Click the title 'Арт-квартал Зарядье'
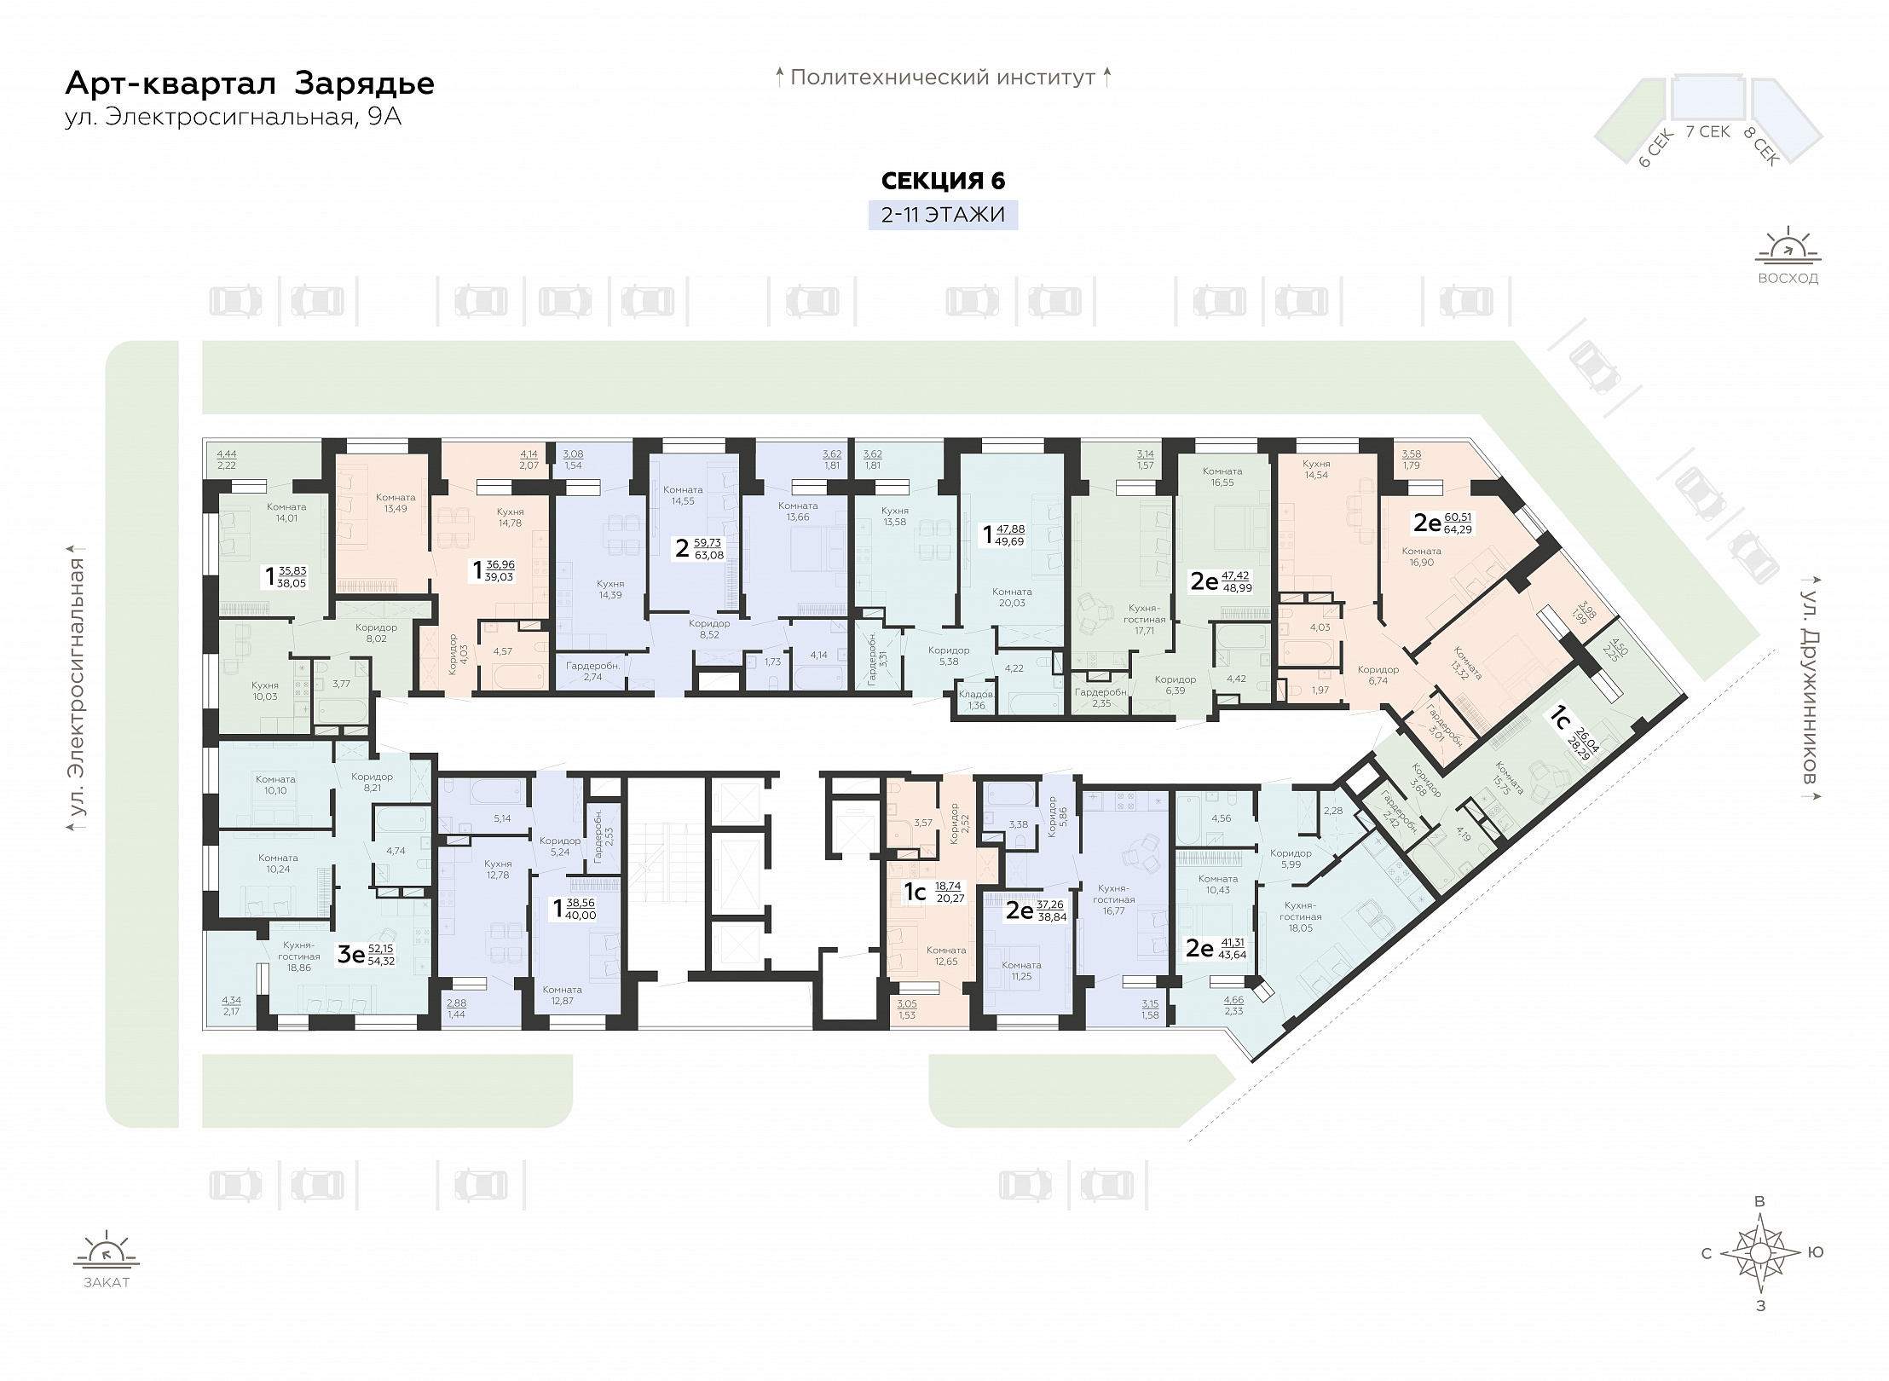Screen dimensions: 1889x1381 pyautogui.click(x=250, y=84)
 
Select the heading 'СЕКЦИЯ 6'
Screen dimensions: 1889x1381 pyautogui.click(x=943, y=181)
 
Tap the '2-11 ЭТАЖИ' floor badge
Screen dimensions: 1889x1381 pyautogui.click(x=943, y=214)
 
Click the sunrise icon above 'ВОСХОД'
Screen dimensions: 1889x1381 pyautogui.click(x=1788, y=246)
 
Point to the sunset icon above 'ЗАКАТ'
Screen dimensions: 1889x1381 pyautogui.click(x=107, y=1251)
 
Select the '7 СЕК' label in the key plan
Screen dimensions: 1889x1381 pyautogui.click(x=1707, y=131)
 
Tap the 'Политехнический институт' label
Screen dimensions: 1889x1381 pyautogui.click(x=943, y=78)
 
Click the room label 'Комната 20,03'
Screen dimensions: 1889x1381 pyautogui.click(x=1012, y=597)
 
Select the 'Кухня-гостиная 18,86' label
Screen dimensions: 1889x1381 pyautogui.click(x=298, y=956)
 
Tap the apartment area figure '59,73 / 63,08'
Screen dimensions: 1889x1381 pyautogui.click(x=708, y=548)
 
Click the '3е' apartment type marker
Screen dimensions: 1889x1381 pyautogui.click(x=351, y=954)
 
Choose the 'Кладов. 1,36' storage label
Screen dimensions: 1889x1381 pyautogui.click(x=977, y=700)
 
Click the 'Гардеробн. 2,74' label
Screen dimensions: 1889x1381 pyautogui.click(x=592, y=671)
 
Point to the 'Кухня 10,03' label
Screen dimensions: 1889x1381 pyautogui.click(x=265, y=690)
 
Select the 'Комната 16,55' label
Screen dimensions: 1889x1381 pyautogui.click(x=1222, y=477)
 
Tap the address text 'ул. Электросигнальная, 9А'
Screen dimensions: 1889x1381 pyautogui.click(x=234, y=117)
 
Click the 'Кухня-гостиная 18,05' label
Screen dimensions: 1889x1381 pyautogui.click(x=1301, y=916)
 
